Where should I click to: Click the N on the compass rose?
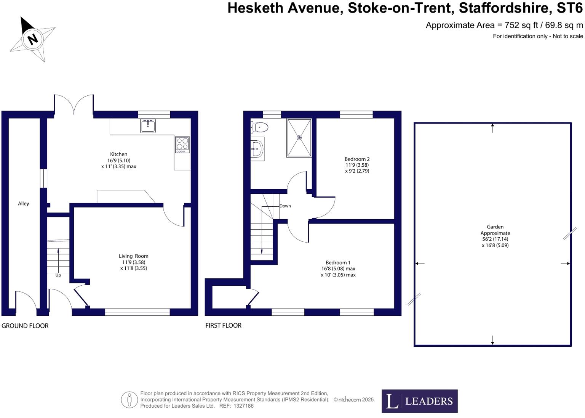[33, 39]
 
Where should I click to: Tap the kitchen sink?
[148, 125]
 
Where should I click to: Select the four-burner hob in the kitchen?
[182, 145]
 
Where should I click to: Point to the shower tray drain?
[299, 138]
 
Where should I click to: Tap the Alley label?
[24, 204]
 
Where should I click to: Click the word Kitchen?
[118, 154]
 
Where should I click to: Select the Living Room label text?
[133, 256]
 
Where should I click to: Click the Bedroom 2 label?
[357, 159]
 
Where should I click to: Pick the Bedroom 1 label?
[338, 263]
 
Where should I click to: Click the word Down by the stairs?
[285, 206]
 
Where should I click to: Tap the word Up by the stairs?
[58, 275]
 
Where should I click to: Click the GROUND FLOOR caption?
[25, 326]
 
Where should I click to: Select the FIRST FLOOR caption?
[223, 325]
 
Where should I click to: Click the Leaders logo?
[419, 401]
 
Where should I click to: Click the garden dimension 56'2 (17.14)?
[495, 239]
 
